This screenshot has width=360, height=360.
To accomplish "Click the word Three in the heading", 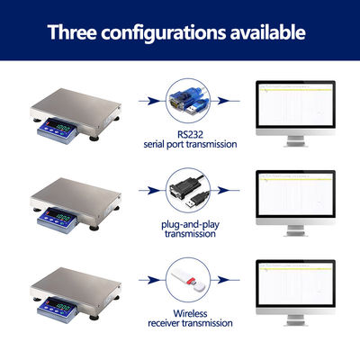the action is point(72,32).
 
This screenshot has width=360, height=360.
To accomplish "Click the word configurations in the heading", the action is point(163,33).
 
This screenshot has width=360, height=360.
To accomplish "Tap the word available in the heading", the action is point(268,32).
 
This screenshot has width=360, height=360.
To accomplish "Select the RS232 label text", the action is point(190,134).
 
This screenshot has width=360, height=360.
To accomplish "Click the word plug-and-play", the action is point(190,225).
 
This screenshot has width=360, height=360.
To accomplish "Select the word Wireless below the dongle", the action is point(190,313).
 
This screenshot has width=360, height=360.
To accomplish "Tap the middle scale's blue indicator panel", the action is point(58,220).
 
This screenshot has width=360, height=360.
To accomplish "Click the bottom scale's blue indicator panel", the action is point(58,310).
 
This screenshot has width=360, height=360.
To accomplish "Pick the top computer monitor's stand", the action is point(295,141).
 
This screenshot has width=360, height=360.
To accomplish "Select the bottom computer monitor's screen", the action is point(295,283).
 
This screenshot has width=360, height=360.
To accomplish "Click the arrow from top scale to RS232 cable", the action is point(151,101).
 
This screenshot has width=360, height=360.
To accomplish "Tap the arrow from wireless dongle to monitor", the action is point(225,280).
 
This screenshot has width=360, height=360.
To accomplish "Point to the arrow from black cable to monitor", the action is point(225,190).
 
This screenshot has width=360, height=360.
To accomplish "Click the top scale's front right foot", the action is point(94,139).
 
